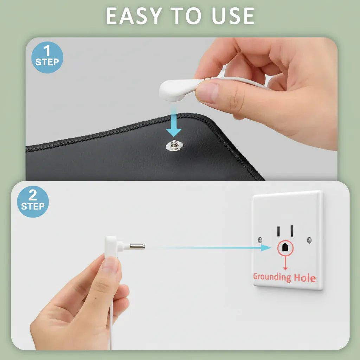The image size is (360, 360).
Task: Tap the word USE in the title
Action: click(233, 16)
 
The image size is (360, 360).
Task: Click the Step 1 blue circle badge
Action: click(47, 57)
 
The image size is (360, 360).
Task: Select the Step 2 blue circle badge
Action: click(33, 201)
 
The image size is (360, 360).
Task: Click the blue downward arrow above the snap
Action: click(174, 122)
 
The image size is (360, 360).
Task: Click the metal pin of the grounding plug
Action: click(137, 246)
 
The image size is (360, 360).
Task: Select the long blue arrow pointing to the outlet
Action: click(213, 248)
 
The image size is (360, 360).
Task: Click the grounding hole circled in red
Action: click(285, 247)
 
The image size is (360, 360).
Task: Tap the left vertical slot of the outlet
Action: click(278, 231)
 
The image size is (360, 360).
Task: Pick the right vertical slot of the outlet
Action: click(292, 231)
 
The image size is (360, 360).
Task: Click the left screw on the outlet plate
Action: click(260, 240)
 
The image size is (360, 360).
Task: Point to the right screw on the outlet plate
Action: click(309, 240)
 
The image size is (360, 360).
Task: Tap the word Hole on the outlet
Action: click(305, 278)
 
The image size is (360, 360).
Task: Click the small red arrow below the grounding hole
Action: click(285, 263)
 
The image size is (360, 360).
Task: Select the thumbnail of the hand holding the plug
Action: click(110, 264)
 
